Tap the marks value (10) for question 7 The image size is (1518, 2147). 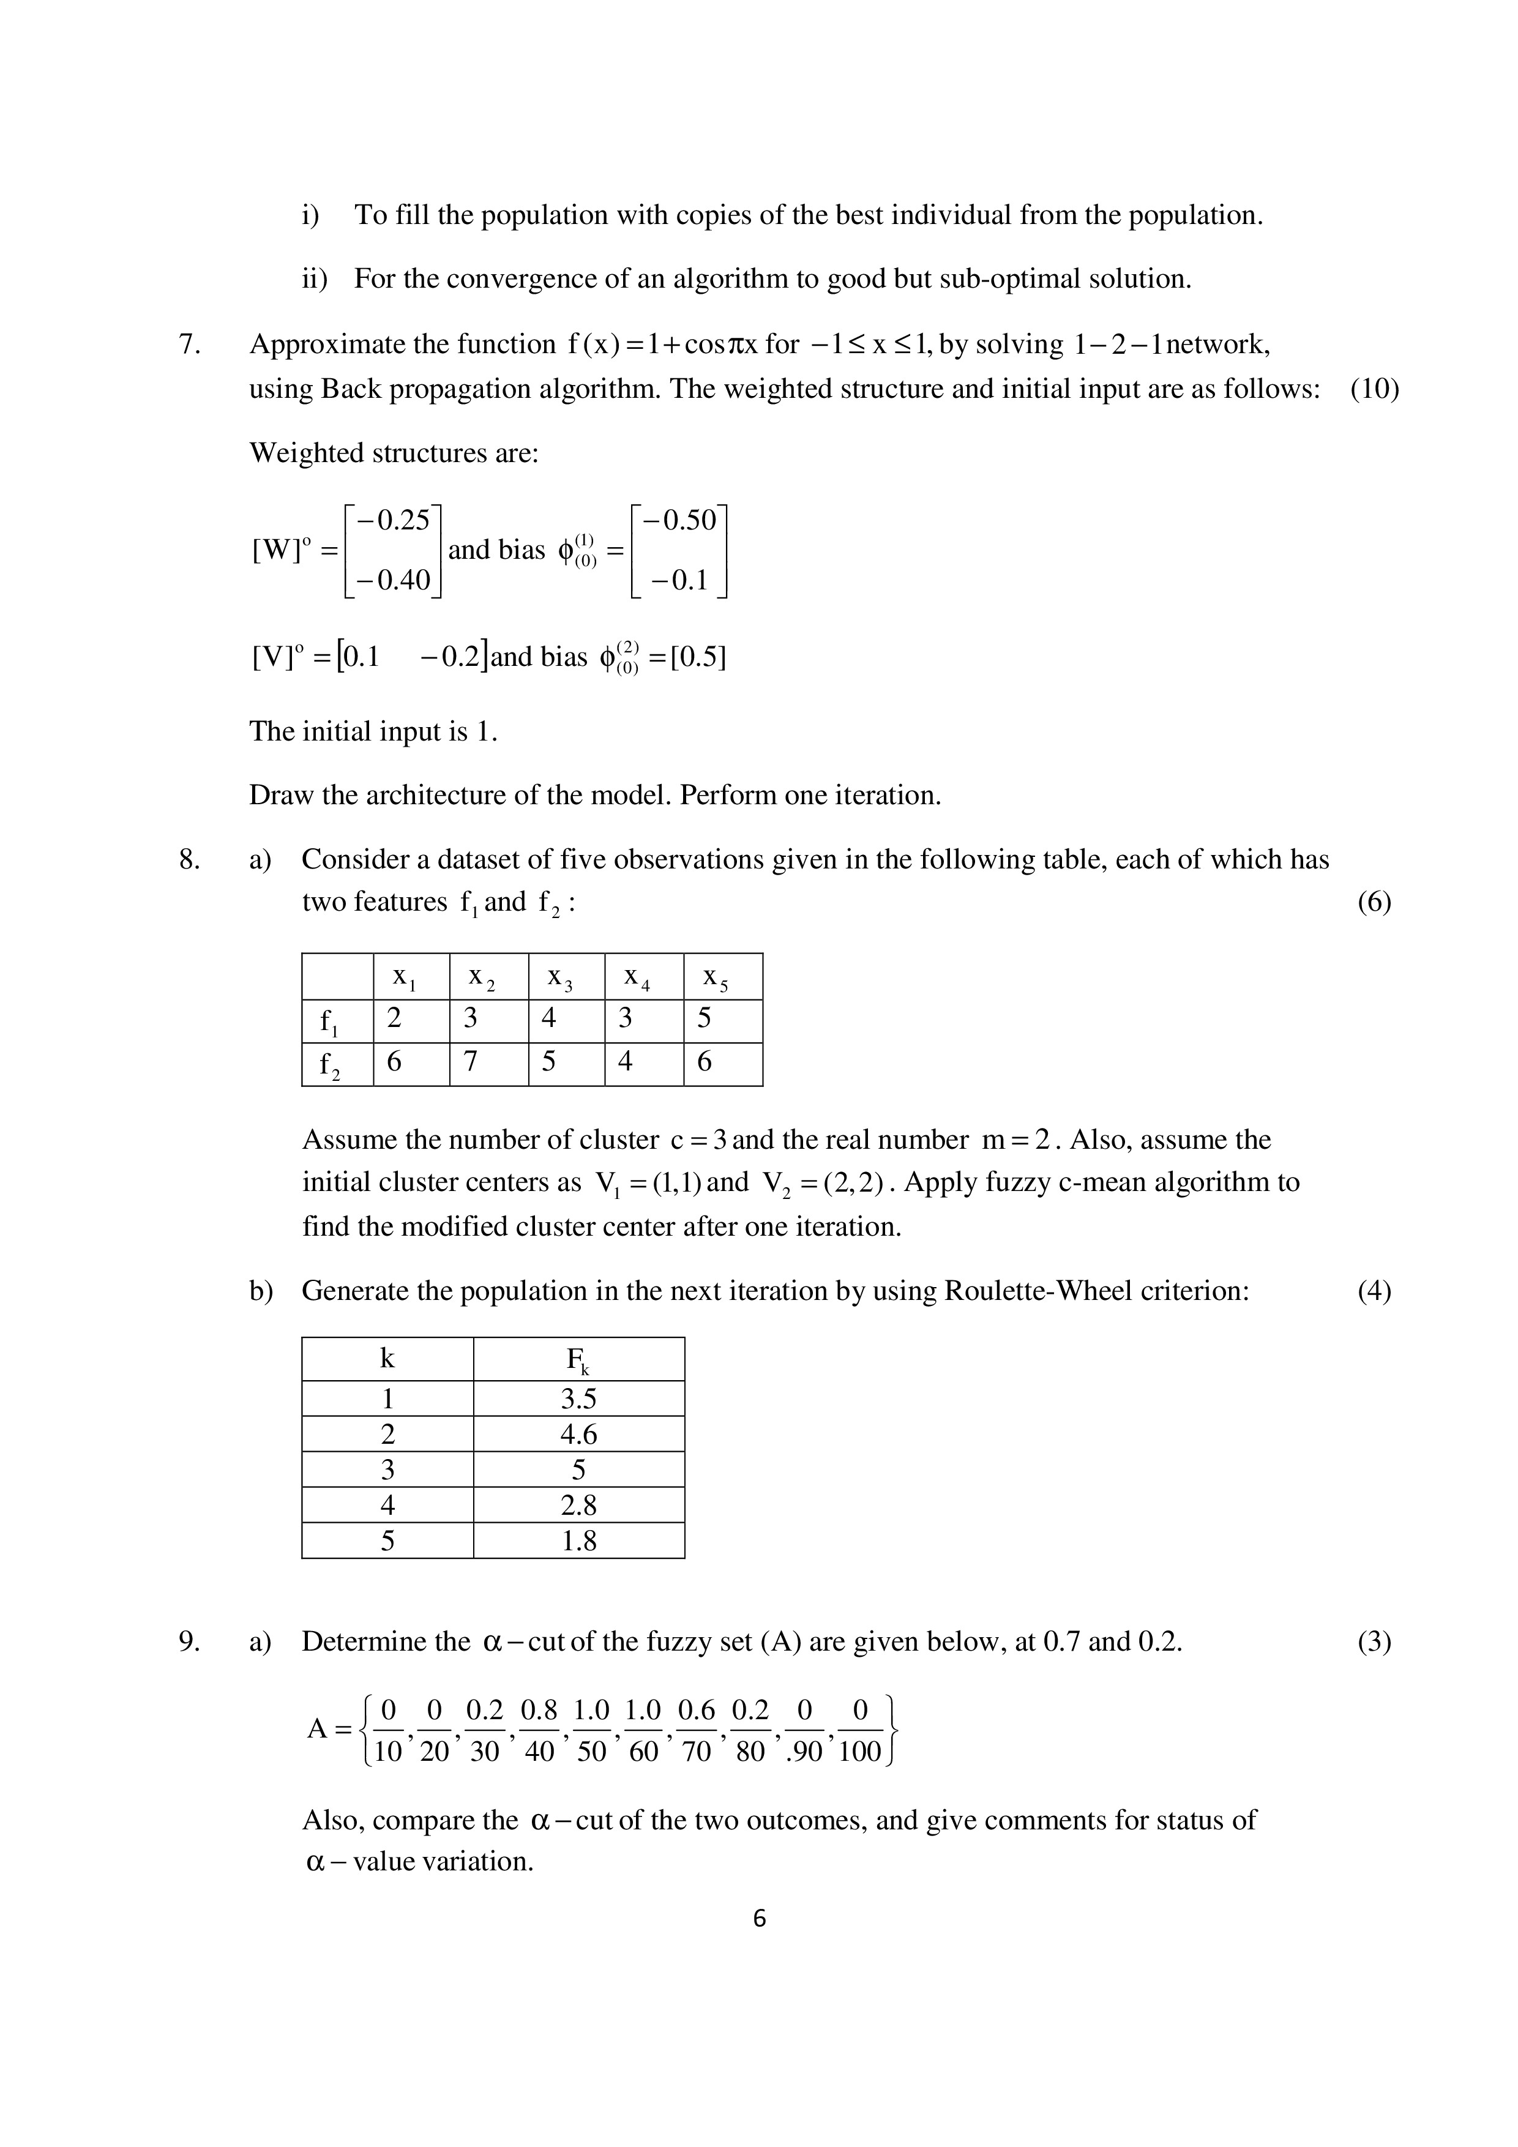click(x=1374, y=389)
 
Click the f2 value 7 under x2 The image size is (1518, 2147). click(x=471, y=1061)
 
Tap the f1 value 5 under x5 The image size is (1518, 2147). click(x=705, y=1017)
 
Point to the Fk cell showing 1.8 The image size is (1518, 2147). click(x=578, y=1540)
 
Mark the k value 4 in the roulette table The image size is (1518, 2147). click(x=387, y=1504)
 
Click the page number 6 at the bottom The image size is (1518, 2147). click(x=758, y=1919)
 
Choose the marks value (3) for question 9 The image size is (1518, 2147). click(x=1374, y=1642)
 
